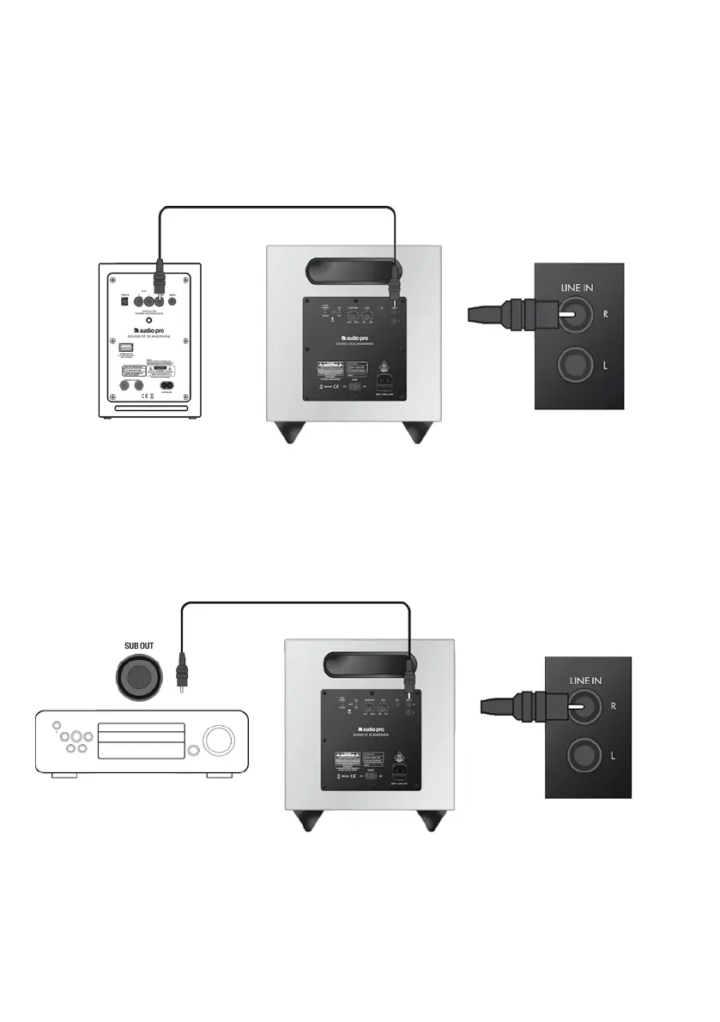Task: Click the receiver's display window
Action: click(141, 740)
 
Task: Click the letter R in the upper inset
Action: click(605, 314)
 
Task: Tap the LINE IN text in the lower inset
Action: click(586, 680)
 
